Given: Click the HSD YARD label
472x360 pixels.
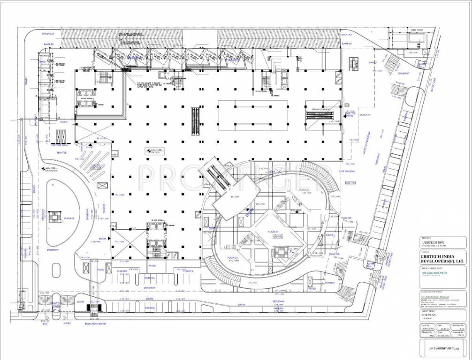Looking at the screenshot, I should pyautogui.click(x=417, y=30).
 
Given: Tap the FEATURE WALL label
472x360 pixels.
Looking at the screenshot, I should pyautogui.click(x=60, y=146).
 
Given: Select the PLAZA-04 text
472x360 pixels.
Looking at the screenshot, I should pyautogui.click(x=365, y=115).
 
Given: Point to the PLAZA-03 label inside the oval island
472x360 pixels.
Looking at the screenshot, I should pyautogui.click(x=70, y=218).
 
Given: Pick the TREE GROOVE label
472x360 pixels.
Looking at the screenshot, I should pyautogui.click(x=347, y=171).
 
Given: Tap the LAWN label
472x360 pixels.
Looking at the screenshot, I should pyautogui.click(x=81, y=302).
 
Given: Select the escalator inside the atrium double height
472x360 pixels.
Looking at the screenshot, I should pyautogui.click(x=322, y=114).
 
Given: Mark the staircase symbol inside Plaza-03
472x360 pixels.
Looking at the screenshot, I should pyautogui.click(x=55, y=216).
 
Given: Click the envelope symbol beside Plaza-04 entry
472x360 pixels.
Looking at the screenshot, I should pyautogui.click(x=347, y=105).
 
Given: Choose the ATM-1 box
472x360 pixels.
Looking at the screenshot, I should pyautogui.click(x=114, y=154).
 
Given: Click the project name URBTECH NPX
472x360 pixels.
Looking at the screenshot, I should pyautogui.click(x=432, y=242).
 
